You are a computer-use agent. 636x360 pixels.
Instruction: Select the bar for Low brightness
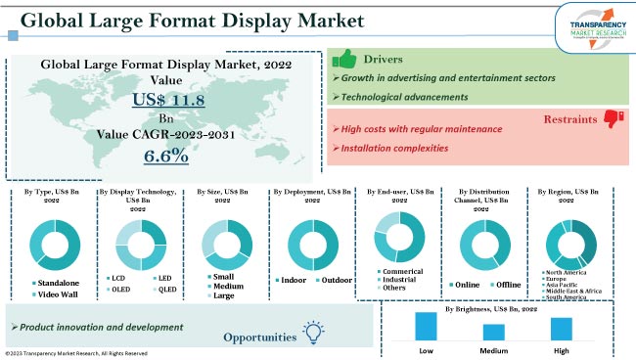point(426,325)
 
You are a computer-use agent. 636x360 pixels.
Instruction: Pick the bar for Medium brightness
point(494,331)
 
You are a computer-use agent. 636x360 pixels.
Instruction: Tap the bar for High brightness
point(562,328)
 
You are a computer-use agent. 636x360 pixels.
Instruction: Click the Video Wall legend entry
point(58,293)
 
